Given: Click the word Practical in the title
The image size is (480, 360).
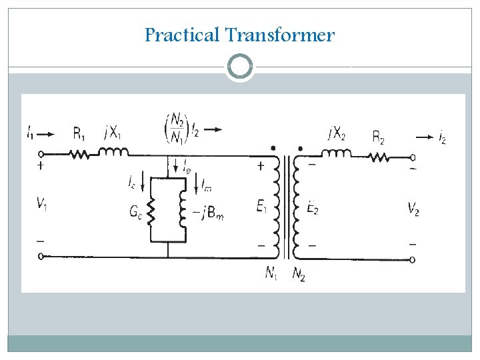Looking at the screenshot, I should pos(182,35).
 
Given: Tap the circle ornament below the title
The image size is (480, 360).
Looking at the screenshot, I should pos(239,67).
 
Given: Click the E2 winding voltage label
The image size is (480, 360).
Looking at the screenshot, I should pos(311,207).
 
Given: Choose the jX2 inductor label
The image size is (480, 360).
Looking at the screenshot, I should pos(336,133).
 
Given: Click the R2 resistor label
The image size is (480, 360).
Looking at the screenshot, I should pos(378,138).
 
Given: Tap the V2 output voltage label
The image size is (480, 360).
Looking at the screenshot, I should pos(414,209).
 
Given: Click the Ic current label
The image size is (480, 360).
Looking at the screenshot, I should pos(133,181).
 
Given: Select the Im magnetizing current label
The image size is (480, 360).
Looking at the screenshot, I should pos(207,181).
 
